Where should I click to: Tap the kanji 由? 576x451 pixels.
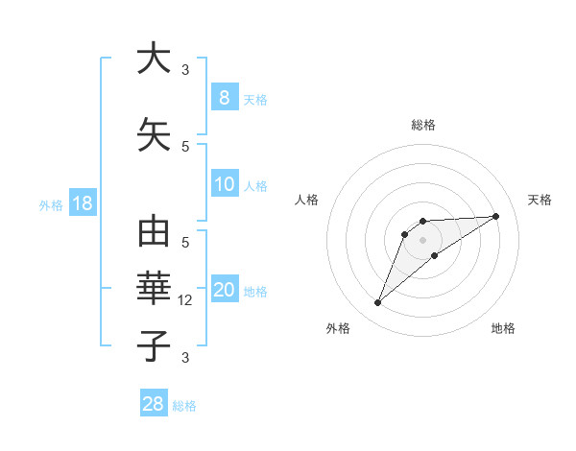coord(154,234)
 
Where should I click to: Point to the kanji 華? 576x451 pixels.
coord(154,289)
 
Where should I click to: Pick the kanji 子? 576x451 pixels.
coord(154,345)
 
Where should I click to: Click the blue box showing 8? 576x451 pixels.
coord(224,97)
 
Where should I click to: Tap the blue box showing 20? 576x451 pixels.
coord(224,291)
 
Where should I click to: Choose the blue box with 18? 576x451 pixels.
coord(82,203)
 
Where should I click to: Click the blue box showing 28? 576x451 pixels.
coord(154,404)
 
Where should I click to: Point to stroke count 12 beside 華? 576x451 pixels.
coord(187,300)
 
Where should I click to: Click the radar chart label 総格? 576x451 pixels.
coord(422,125)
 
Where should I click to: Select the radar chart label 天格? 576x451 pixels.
coord(540,200)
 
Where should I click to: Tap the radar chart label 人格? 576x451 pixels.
coord(306,200)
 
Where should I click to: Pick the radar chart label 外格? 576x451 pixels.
coord(338,328)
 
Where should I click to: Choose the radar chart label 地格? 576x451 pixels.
coord(503,328)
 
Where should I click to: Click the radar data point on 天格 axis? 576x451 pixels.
coord(496,216)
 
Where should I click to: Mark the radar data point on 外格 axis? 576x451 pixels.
coord(378,303)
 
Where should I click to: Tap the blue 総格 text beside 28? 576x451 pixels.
coord(184,406)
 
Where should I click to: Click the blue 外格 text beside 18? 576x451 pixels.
coord(50,204)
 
